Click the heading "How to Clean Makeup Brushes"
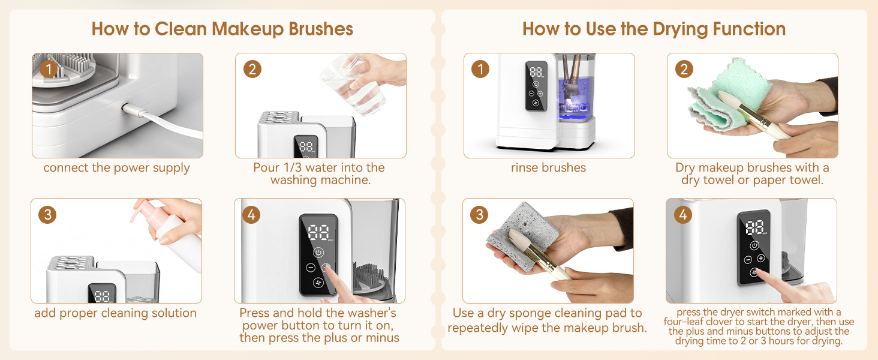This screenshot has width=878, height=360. [222, 29]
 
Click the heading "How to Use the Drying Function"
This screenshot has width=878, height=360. [654, 29]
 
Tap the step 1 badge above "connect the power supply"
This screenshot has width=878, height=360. [49, 70]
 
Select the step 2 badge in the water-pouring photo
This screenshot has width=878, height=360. [252, 70]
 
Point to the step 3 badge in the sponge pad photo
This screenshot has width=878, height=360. [479, 215]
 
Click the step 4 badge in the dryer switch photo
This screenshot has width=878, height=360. [683, 215]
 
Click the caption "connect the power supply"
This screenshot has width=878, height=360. [117, 168]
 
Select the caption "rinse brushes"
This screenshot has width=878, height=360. [548, 168]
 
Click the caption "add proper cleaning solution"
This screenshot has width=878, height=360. [116, 313]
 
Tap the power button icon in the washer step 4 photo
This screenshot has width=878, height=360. [318, 253]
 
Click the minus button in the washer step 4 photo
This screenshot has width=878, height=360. [311, 268]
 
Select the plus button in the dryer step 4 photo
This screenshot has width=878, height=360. [761, 258]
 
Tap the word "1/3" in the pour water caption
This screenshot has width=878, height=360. [299, 168]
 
